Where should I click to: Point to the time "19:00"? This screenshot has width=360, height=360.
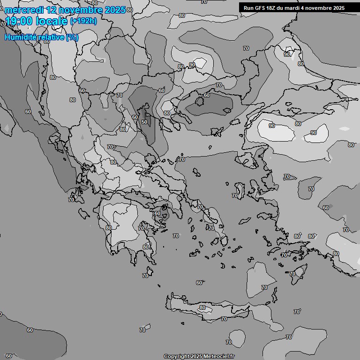(19, 21)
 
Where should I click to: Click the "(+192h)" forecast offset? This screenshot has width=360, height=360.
(83, 21)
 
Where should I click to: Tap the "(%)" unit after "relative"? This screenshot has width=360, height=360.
(72, 37)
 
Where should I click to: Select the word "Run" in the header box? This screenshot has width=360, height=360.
(249, 7)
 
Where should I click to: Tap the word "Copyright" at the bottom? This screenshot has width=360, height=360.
(177, 357)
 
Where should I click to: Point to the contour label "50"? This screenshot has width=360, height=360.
(144, 122)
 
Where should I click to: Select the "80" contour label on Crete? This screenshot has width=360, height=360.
(202, 308)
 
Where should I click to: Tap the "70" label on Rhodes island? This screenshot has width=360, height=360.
(292, 274)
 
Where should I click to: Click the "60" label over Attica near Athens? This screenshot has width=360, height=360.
(157, 213)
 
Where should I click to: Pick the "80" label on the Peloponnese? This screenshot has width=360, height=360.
(109, 228)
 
